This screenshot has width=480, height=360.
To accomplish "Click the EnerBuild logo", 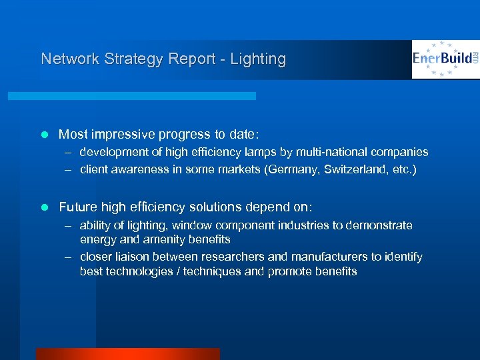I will click(444, 59).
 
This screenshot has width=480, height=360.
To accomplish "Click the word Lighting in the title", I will click(258, 59).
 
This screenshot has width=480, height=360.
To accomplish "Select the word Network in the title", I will click(69, 59).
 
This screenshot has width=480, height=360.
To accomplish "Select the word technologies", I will click(139, 271).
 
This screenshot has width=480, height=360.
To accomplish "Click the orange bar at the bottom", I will click(127, 354).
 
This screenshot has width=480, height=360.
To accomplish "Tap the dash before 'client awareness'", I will click(69, 169).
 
